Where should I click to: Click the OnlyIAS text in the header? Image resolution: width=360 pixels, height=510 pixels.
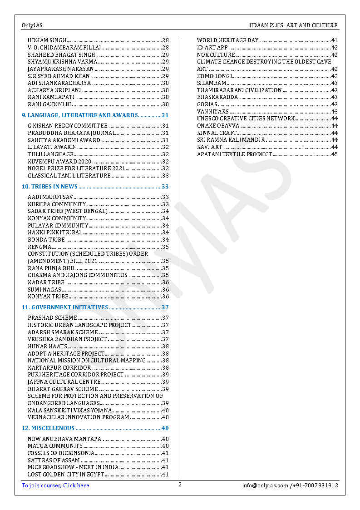(32, 25)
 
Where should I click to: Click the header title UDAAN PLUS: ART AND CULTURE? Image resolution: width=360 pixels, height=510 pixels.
(293, 25)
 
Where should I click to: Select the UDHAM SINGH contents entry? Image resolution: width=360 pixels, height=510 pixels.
(47, 40)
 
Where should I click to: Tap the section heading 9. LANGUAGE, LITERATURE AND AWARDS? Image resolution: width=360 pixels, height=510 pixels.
(80, 115)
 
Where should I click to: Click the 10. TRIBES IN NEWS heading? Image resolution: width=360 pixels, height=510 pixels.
(50, 187)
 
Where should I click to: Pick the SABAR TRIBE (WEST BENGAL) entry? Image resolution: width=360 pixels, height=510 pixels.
(68, 211)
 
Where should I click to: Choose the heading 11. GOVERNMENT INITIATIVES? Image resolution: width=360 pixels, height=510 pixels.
(65, 307)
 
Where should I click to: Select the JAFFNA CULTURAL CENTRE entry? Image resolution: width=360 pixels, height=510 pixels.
(64, 382)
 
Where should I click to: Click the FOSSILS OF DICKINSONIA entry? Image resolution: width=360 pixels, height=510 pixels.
(61, 453)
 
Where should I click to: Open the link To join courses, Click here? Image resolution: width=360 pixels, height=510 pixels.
(55, 485)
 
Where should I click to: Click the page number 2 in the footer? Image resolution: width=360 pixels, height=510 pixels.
(180, 485)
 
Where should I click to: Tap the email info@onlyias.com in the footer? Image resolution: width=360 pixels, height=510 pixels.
(265, 485)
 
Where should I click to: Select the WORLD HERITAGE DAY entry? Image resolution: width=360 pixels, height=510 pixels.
(227, 40)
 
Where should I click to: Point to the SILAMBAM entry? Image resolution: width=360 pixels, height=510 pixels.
(212, 83)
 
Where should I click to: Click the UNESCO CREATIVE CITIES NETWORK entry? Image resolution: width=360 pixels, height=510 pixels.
(246, 119)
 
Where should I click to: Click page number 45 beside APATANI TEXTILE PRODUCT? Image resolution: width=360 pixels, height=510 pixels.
(334, 154)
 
